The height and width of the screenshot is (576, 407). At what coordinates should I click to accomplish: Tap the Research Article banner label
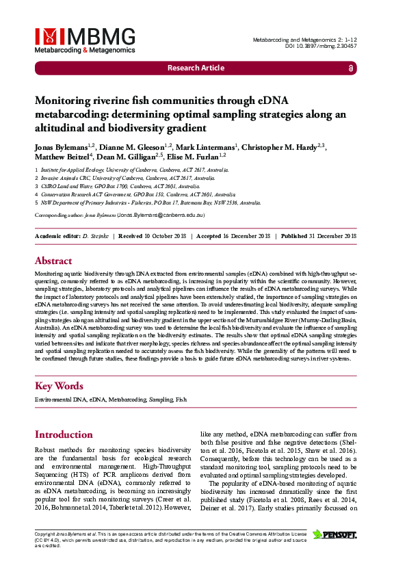[x=196, y=68]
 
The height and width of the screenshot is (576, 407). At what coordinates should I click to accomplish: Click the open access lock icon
[x=351, y=68]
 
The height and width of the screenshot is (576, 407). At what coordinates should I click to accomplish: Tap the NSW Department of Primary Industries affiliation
[x=150, y=202]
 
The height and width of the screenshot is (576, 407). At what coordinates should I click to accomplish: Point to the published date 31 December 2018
[x=330, y=236]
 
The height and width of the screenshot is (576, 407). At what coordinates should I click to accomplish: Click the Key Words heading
[x=59, y=386]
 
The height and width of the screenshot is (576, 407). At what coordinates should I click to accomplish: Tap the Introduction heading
[x=64, y=434]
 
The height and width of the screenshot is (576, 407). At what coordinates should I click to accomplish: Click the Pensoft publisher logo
[x=334, y=534]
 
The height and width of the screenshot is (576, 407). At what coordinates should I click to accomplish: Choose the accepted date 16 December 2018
[x=243, y=236]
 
